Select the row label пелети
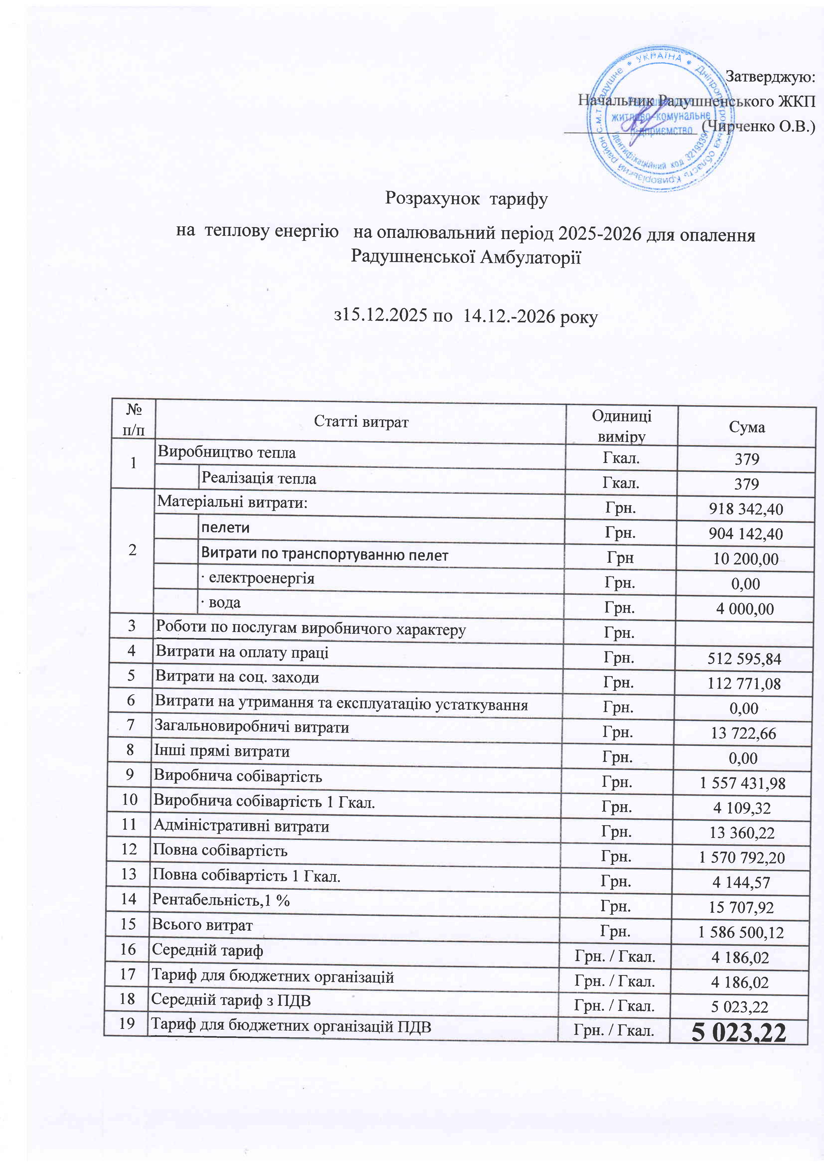tap(225, 528)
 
